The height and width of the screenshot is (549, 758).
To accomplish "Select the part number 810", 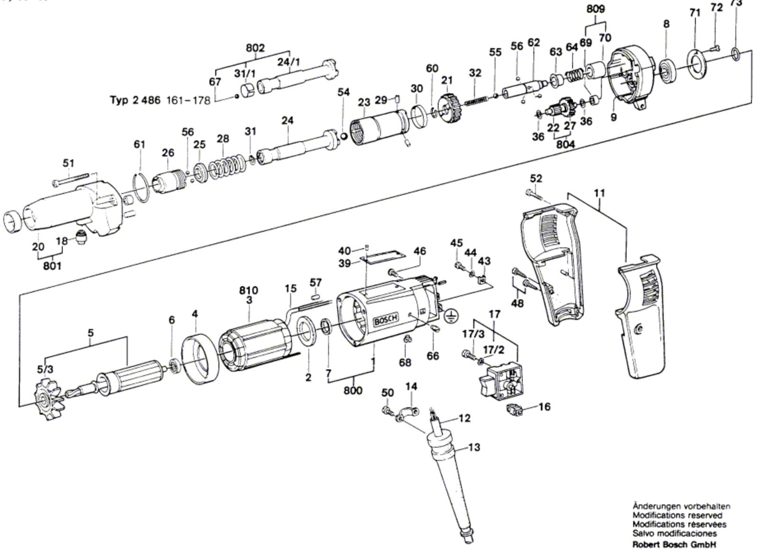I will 248,290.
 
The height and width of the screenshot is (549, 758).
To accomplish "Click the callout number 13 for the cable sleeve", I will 474,447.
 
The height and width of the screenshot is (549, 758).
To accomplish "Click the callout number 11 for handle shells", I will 599,193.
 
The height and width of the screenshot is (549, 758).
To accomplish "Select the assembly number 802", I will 255,48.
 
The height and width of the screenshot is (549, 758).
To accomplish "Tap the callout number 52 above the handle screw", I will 536,179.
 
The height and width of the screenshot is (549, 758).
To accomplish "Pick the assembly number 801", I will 52,266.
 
